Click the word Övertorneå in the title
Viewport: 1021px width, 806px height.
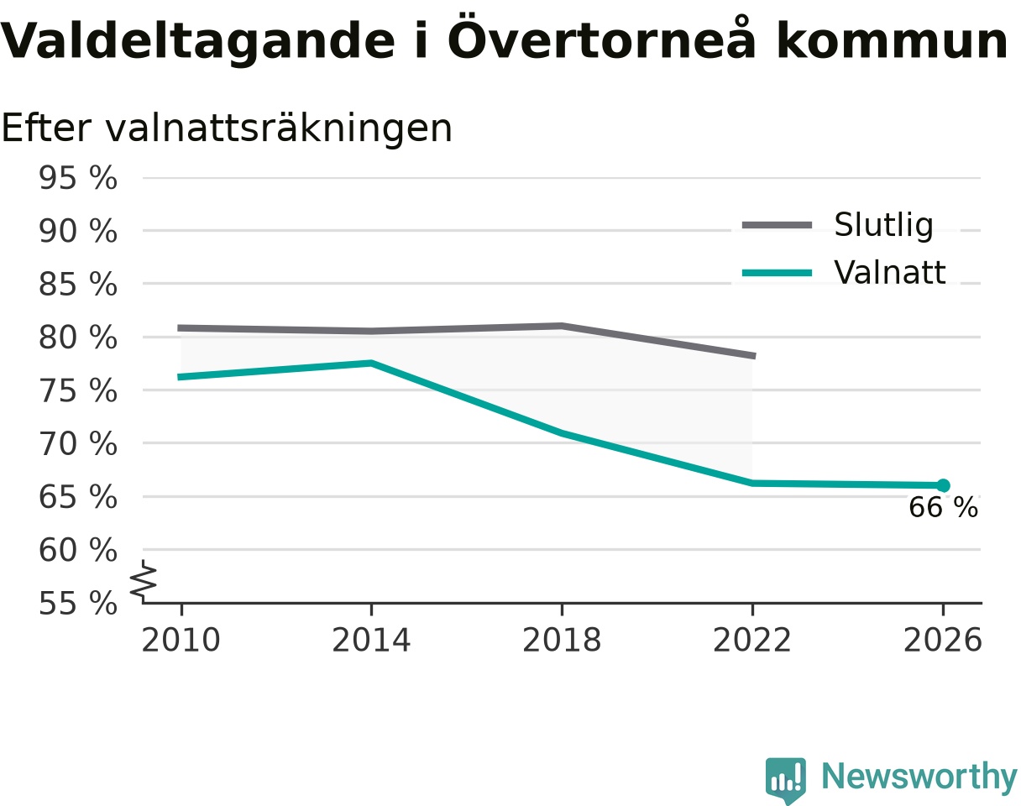pos(601,38)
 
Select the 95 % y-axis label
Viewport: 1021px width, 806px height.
pos(78,178)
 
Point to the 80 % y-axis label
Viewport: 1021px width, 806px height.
pos(78,338)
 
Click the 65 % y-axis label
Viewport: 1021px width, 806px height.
pos(78,497)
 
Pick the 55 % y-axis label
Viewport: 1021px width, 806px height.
pos(78,604)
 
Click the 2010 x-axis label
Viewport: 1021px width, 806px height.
pos(181,640)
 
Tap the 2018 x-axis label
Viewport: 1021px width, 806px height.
pos(562,640)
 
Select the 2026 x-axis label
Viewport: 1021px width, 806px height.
pos(943,640)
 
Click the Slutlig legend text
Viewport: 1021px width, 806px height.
pos(883,225)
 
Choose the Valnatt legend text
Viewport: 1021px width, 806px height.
pos(890,272)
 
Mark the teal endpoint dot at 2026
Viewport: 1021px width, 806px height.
pos(943,485)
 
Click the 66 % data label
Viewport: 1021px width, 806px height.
pos(943,507)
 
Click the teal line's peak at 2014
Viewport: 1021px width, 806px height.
pos(371,363)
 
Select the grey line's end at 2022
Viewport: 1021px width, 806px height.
pos(755,356)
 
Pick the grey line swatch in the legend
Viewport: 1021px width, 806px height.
pos(778,225)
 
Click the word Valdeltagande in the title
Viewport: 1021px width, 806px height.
pos(197,41)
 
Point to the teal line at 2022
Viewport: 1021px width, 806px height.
pos(752,484)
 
